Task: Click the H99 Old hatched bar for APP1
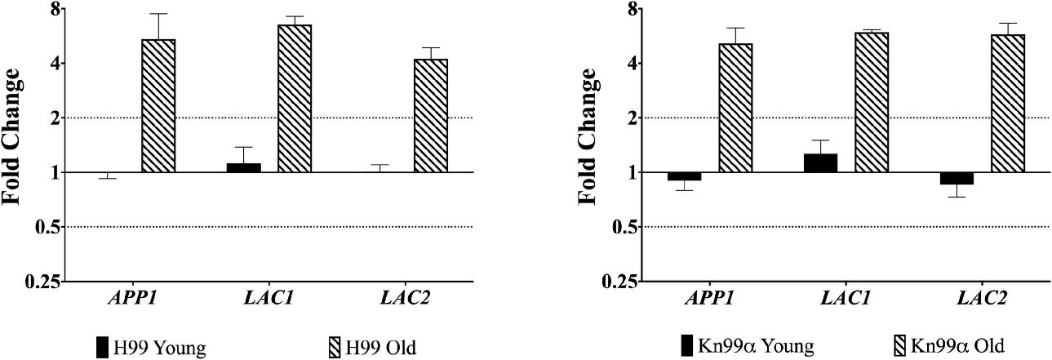pos(158,106)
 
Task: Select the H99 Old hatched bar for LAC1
pos(295,99)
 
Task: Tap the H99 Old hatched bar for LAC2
pos(431,116)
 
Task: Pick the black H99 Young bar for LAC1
pos(243,167)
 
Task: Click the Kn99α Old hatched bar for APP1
pos(735,108)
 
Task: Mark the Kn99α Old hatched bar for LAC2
pos(1008,104)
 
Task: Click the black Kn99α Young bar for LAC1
pos(820,163)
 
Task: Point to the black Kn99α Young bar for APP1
pos(684,176)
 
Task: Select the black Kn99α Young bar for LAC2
pos(957,178)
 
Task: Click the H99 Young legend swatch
pos(103,347)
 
